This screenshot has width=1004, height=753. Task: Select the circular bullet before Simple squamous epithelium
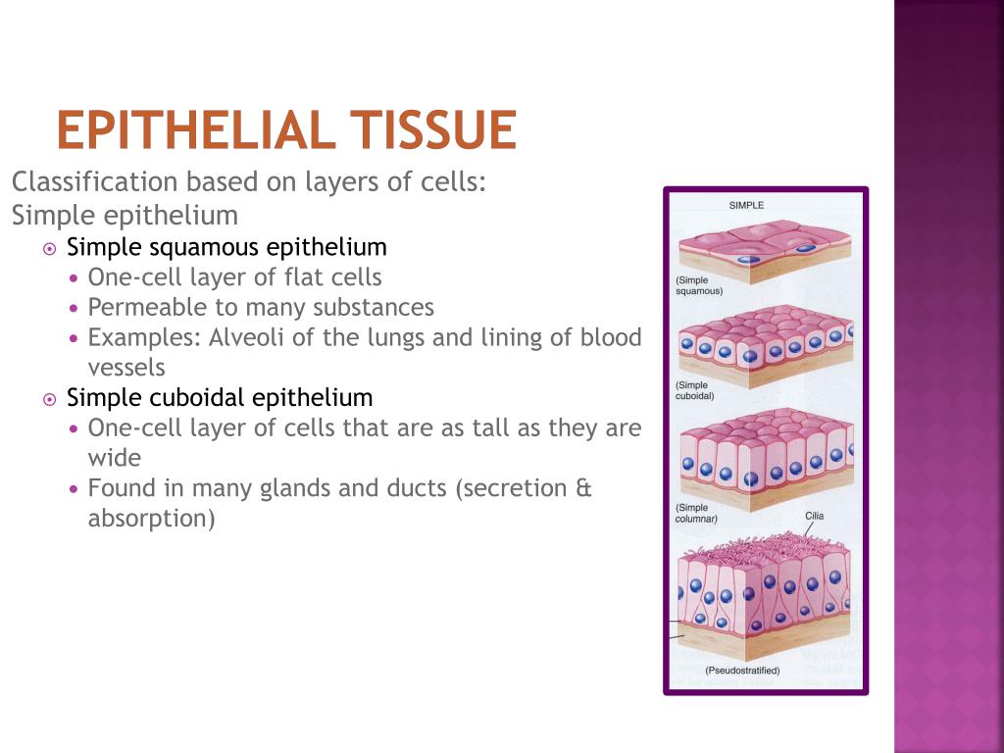pos(50,248)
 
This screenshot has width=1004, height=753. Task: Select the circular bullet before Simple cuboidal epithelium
pos(50,399)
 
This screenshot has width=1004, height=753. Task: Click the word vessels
pos(126,368)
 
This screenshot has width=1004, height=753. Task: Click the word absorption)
pos(151,519)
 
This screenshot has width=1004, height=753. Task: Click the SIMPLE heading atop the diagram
pos(746,205)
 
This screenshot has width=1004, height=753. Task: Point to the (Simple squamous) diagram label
pos(699,285)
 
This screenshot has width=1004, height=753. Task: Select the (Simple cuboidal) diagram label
pos(694,391)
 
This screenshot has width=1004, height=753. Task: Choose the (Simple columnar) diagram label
pos(696,513)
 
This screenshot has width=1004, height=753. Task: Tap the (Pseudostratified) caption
pos(742,671)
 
